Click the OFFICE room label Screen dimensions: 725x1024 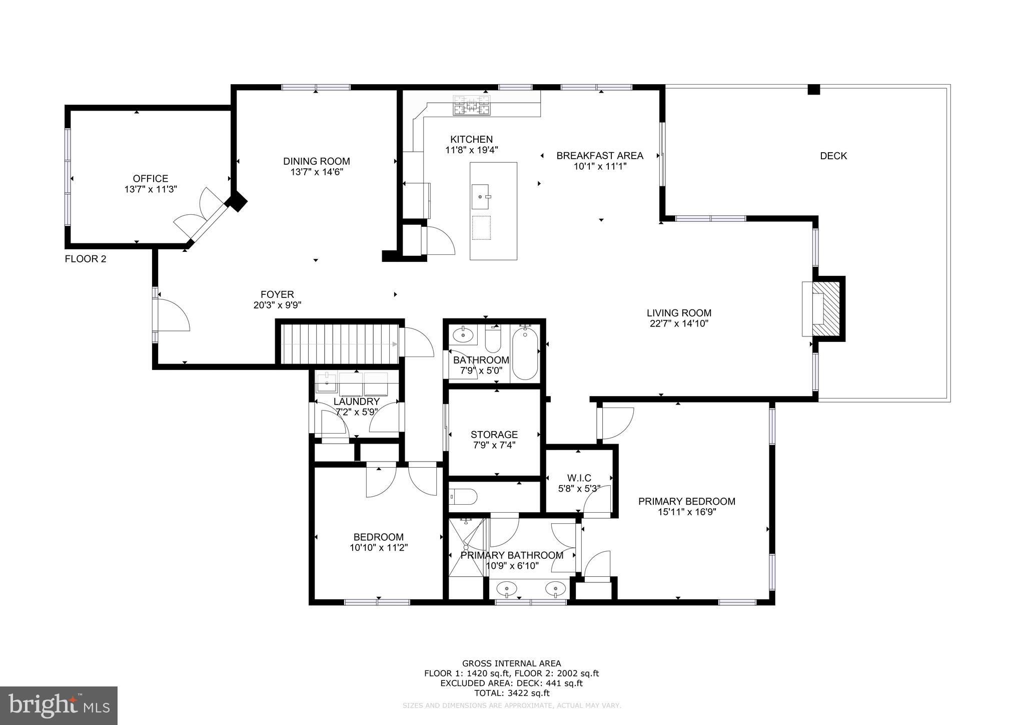pyautogui.click(x=150, y=179)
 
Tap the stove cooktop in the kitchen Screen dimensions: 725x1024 pyautogui.click(x=471, y=106)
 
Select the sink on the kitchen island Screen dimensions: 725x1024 pyautogui.click(x=480, y=196)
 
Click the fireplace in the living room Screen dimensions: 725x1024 pyautogui.click(x=824, y=309)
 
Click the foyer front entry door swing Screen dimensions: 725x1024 pyautogui.click(x=173, y=315)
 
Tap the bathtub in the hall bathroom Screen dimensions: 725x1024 pyautogui.click(x=525, y=352)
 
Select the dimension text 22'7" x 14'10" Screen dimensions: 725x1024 pyautogui.click(x=678, y=323)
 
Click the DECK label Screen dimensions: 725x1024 pyautogui.click(x=833, y=156)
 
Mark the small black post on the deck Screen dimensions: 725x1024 pyautogui.click(x=814, y=90)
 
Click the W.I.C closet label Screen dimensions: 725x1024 pyautogui.click(x=579, y=478)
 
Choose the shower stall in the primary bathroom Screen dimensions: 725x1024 pyautogui.click(x=466, y=547)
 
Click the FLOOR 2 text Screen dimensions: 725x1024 pyautogui.click(x=86, y=259)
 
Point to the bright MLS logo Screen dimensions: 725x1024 pyautogui.click(x=59, y=705)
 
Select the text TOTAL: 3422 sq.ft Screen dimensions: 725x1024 pyautogui.click(x=511, y=693)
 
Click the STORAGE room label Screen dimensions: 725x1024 pyautogui.click(x=494, y=435)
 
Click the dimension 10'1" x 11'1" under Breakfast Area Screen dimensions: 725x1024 pyautogui.click(x=600, y=166)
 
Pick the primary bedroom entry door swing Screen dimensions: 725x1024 pyautogui.click(x=617, y=423)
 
